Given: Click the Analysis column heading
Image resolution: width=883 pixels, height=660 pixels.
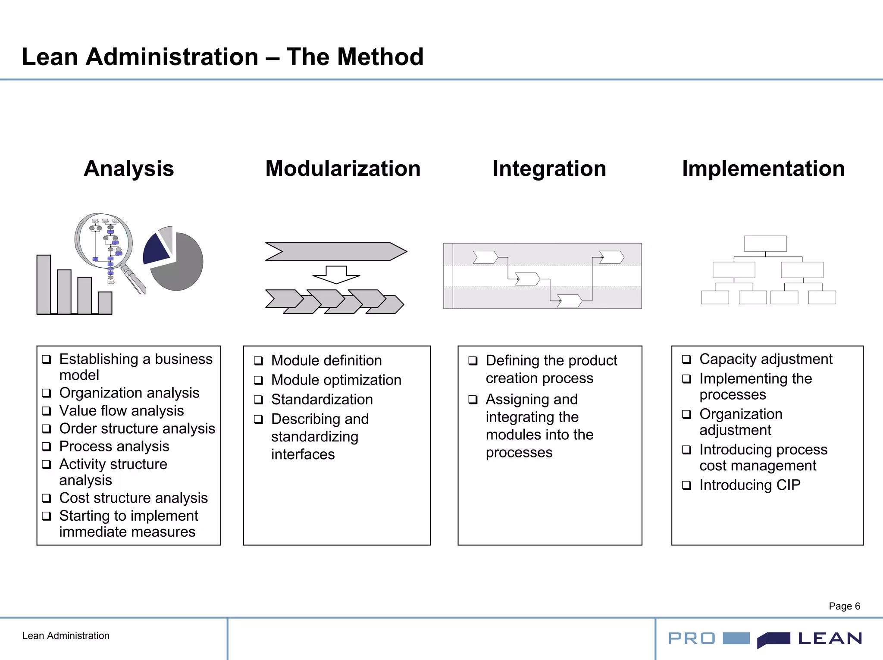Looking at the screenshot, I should click(128, 169).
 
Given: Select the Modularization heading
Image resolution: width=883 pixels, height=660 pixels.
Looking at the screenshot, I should click(343, 169).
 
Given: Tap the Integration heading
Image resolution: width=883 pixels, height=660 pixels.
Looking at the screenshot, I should click(549, 169).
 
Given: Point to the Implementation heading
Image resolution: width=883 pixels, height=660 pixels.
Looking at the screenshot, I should click(763, 169).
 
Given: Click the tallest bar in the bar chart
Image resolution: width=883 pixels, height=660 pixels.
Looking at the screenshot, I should click(44, 285).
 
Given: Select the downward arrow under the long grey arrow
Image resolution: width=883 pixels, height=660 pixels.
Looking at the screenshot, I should click(336, 275).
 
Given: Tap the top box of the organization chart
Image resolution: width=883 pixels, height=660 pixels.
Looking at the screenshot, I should click(765, 244).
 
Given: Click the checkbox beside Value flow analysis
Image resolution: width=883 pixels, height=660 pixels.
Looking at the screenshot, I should click(47, 411).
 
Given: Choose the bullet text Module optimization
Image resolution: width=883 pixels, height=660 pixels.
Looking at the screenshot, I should click(336, 380).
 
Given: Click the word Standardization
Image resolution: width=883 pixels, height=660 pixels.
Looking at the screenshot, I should click(322, 399).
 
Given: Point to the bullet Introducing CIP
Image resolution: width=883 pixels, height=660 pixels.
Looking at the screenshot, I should click(749, 485).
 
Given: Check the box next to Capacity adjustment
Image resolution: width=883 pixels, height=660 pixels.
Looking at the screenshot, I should click(686, 359).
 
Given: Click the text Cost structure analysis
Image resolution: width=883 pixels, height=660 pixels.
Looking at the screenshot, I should click(133, 498).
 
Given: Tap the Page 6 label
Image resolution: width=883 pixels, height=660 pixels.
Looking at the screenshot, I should click(844, 606).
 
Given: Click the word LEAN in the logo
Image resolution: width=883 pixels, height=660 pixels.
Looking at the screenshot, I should click(830, 638).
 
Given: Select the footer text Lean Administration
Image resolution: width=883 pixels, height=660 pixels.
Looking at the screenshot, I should click(66, 636).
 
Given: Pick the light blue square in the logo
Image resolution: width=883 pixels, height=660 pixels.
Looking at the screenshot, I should click(736, 638).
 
